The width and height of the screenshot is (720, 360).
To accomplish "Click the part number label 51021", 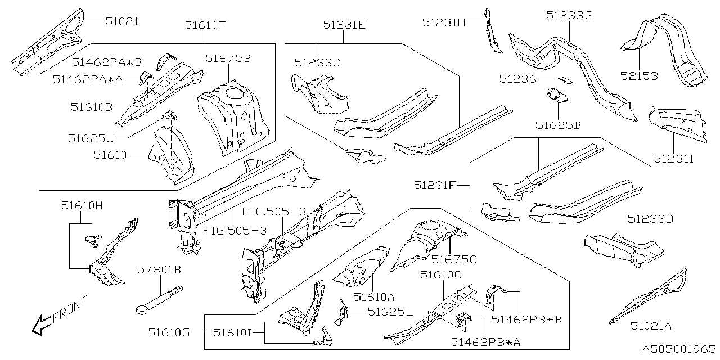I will coord(122,22).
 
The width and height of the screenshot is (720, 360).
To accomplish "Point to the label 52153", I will coord(639,76).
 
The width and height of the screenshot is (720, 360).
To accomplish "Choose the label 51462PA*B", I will coord(107,61).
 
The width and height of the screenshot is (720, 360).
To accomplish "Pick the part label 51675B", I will coord(228,58).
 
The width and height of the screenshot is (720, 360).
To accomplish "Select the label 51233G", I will coord(569,16).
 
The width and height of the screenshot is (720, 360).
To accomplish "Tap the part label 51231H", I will coord(444,22).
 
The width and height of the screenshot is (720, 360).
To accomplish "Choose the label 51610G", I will coord(169,332).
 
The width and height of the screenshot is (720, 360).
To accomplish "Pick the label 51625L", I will coord(390,311).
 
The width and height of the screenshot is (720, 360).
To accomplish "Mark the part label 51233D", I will coord(650,219).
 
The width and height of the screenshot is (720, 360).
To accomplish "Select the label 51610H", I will coord(82,206).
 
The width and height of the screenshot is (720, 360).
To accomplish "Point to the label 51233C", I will coord(317,62).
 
